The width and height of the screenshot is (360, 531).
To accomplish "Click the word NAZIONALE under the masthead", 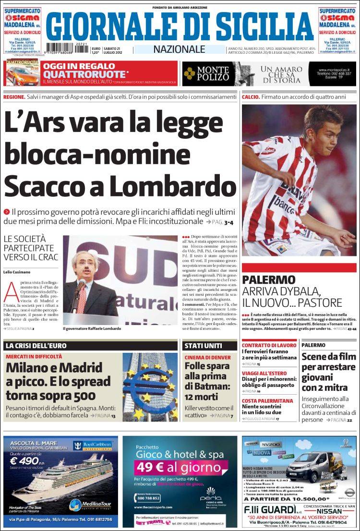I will pos(179,49).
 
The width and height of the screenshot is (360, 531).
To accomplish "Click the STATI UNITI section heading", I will pos(204,345).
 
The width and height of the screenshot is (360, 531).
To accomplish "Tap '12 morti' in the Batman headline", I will pos(201,397).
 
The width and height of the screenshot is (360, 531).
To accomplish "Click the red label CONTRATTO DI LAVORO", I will pos(269,345).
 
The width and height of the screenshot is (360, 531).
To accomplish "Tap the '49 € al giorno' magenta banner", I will pos(178,467).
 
